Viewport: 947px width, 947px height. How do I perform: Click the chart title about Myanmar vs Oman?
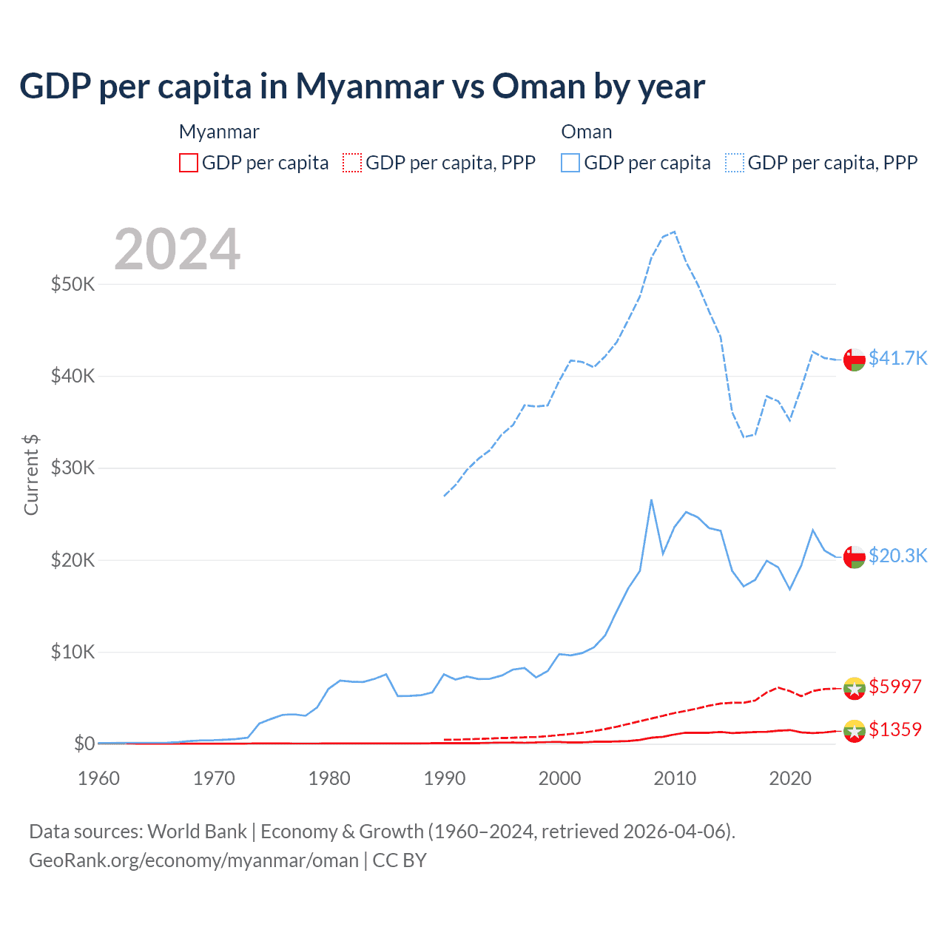pos(362,87)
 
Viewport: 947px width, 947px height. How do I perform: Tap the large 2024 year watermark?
pos(177,249)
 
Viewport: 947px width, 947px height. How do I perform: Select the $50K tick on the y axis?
pos(73,284)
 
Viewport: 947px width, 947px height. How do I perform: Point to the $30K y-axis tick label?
pos(73,468)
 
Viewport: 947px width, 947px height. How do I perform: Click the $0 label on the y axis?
pos(84,744)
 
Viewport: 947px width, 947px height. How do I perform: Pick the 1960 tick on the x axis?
pos(98,778)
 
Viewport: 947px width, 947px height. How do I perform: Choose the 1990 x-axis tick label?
pos(445,778)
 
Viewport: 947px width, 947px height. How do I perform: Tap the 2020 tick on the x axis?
pos(790,778)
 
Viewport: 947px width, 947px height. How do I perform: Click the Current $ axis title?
pos(31,474)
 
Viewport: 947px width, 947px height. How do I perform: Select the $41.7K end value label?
pos(897,358)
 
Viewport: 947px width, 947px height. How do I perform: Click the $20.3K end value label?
pos(897,556)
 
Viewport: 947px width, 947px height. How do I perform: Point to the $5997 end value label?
pos(894,687)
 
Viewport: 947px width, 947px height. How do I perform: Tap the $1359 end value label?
pos(894,729)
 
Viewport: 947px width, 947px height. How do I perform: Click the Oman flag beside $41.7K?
pos(855,359)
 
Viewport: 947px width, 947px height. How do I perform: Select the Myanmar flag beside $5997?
pos(855,688)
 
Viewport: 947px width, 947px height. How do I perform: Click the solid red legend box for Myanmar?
pos(189,163)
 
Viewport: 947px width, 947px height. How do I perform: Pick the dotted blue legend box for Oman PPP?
pos(735,163)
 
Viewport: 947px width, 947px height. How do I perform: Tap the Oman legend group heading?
pos(586,132)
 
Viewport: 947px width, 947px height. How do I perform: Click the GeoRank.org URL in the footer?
pos(194,860)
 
